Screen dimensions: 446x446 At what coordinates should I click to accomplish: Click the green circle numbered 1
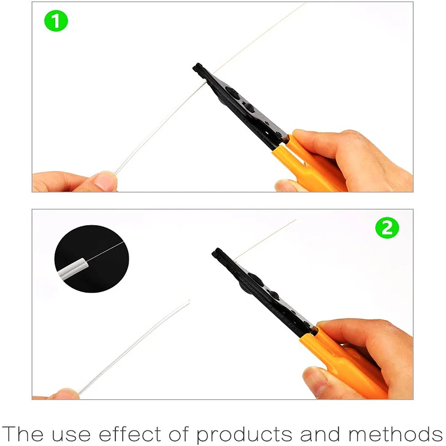pyautogui.click(x=56, y=22)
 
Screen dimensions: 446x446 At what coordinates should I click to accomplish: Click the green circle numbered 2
pyautogui.click(x=387, y=228)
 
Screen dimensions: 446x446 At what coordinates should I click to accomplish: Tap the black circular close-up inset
pyautogui.click(x=91, y=259)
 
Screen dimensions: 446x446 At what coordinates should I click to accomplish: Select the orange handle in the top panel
pyautogui.click(x=312, y=167)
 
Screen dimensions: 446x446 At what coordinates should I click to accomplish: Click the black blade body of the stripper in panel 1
pyautogui.click(x=240, y=106)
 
